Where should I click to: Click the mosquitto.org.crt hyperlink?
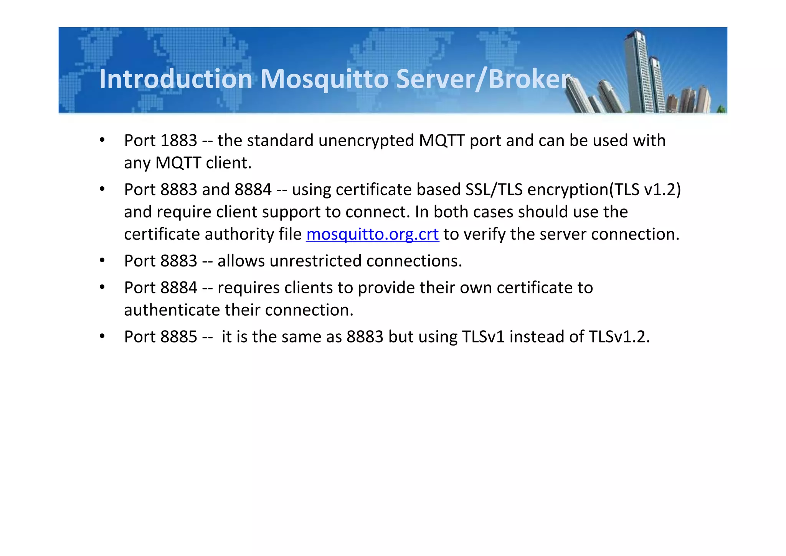(x=372, y=234)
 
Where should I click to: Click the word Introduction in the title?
(x=176, y=79)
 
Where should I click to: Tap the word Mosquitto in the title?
(x=324, y=79)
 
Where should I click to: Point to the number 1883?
(x=178, y=141)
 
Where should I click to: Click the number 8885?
(x=178, y=337)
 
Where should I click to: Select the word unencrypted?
(x=366, y=141)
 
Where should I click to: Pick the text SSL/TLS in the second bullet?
(x=494, y=190)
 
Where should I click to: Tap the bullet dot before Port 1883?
(x=102, y=141)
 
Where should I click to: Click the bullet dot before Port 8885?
(x=102, y=337)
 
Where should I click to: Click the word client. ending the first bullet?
(x=229, y=163)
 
